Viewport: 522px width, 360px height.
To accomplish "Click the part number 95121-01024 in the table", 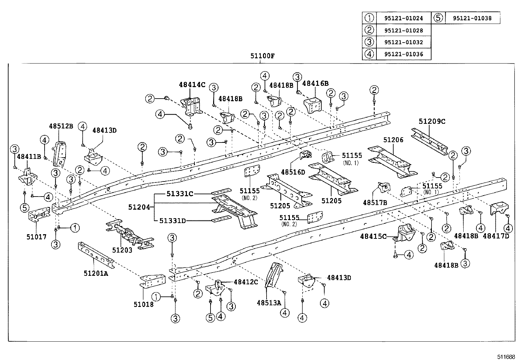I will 403,19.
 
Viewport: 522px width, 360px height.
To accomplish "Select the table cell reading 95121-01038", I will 472,19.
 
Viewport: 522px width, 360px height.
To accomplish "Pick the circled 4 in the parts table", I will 369,54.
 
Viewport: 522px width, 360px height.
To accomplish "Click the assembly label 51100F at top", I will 262,56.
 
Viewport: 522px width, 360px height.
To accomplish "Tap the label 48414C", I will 192,85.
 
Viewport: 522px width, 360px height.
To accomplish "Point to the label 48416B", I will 315,84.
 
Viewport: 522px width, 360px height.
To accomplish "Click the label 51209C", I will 432,122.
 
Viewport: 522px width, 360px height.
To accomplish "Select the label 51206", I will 393,140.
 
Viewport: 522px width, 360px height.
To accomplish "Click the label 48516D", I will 293,172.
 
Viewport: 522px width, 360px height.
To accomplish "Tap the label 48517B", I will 375,203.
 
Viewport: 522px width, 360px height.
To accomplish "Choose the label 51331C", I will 180,194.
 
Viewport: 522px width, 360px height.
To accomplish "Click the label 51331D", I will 173,221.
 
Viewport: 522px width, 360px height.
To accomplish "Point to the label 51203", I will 122,250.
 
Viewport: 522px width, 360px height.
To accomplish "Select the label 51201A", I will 95,273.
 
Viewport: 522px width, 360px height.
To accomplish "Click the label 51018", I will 143,304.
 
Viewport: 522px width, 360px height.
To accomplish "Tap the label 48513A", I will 269,303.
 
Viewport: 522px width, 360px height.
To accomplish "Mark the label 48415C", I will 373,236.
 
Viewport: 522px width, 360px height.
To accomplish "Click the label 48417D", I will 496,236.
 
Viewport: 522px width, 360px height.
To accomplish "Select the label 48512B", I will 61,126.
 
